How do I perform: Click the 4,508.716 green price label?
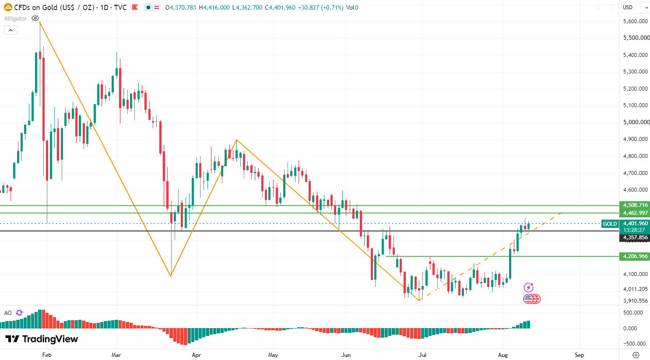pos(635,205)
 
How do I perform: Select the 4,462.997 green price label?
pos(635,213)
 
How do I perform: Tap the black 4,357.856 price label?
pos(635,238)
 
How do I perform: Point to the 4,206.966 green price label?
pos(635,256)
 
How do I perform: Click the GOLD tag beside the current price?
pos(610,224)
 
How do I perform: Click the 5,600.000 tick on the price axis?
pos(636,21)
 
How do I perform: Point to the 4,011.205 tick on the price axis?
pos(636,289)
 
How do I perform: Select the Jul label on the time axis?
pos(422,355)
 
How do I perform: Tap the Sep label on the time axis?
pos(579,355)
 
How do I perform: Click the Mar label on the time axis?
pos(116,355)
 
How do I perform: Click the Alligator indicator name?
pos(15,18)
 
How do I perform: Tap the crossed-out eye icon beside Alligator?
pos(35,18)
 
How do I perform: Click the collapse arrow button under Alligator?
pos(11,30)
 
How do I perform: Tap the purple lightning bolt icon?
pos(528,287)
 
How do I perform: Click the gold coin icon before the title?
pos(8,7)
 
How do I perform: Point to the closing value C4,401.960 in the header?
pos(280,7)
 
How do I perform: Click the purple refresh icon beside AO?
pos(19,313)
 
